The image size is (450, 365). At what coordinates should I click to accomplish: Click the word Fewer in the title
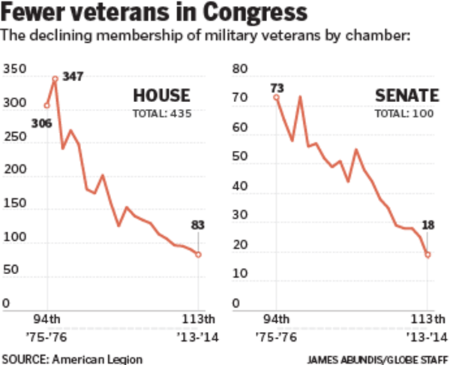[31, 13]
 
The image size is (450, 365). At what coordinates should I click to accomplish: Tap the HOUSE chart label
[161, 96]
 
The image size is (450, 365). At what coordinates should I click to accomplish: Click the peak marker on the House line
[55, 79]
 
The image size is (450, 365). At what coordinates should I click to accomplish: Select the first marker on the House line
[46, 105]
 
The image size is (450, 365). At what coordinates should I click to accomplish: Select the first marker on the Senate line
[276, 97]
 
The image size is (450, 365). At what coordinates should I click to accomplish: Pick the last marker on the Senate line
[427, 255]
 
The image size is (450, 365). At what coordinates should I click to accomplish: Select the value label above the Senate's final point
[429, 225]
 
